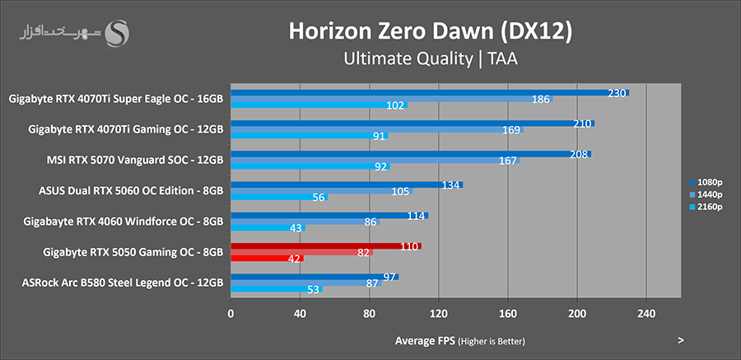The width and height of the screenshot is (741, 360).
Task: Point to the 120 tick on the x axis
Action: (439, 313)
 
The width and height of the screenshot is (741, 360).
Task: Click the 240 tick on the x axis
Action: (646, 313)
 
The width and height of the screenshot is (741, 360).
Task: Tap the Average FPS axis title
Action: (459, 340)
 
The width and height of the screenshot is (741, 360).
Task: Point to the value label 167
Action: (508, 161)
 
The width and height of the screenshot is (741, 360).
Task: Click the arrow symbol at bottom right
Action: (681, 339)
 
